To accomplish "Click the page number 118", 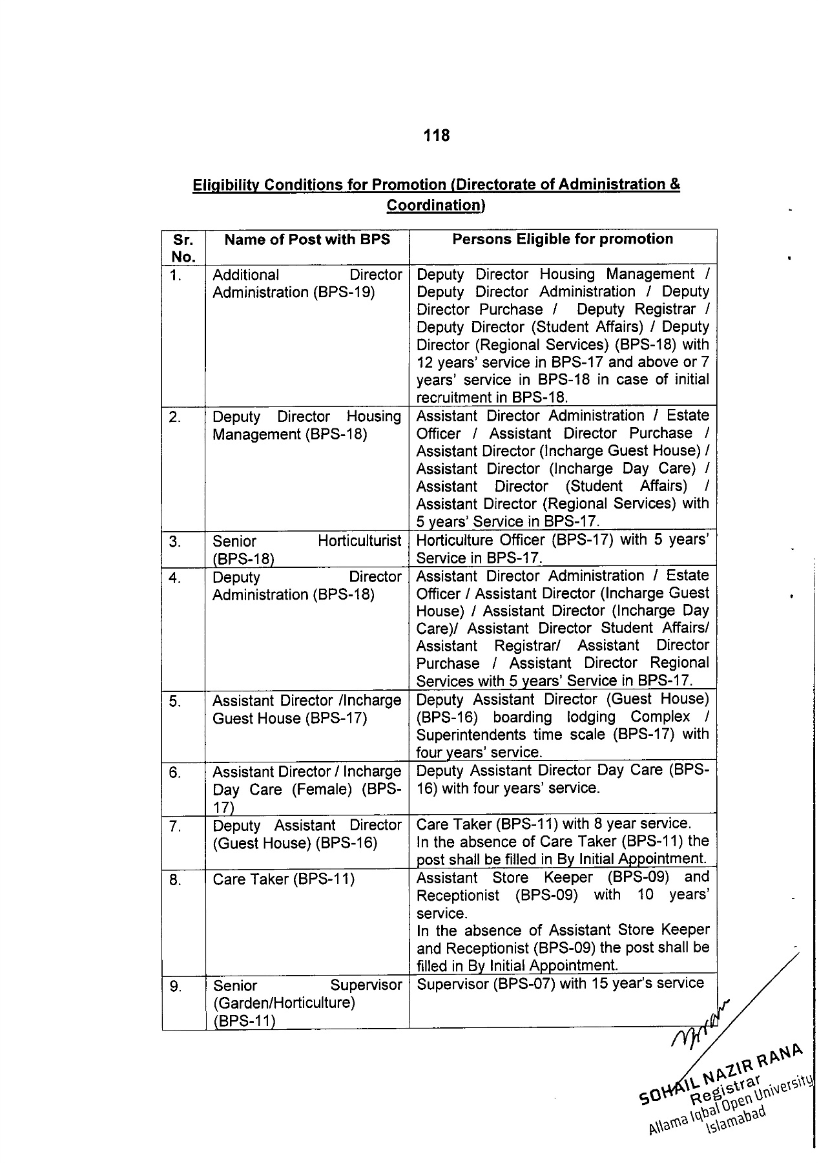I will tap(437, 136).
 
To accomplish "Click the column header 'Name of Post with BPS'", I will tap(307, 240).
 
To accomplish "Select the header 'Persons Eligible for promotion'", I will tap(562, 239).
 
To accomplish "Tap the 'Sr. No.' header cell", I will tap(183, 248).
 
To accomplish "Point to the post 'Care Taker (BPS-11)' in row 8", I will tap(284, 879).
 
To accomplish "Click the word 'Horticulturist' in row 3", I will tap(359, 541).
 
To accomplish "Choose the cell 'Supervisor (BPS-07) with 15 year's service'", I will tap(561, 983).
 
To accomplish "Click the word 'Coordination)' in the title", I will tap(435, 205).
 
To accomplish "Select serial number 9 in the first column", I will tap(175, 986).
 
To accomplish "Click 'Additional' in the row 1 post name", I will tap(245, 275).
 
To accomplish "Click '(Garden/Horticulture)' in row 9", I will tap(284, 1003).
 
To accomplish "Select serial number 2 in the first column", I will tap(175, 417).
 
